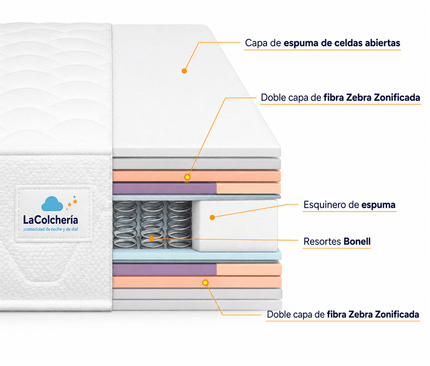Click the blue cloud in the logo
pyautogui.click(x=52, y=204)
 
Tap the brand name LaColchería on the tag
pyautogui.click(x=51, y=220)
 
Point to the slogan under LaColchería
pyautogui.click(x=51, y=229)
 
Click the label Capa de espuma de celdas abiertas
pyautogui.click(x=322, y=43)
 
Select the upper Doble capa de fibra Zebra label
pyautogui.click(x=340, y=98)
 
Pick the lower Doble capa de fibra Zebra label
pyautogui.click(x=343, y=314)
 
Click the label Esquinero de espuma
pyautogui.click(x=349, y=205)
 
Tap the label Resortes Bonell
pyautogui.click(x=337, y=241)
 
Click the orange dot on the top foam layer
pyautogui.click(x=184, y=71)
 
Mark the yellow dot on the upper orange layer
pyautogui.click(x=187, y=177)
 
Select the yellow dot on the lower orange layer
pyautogui.click(x=205, y=283)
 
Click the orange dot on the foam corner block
pyautogui.click(x=212, y=218)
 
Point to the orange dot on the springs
pyautogui.click(x=152, y=239)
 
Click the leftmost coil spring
pyautogui.click(x=125, y=225)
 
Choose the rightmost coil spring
pyautogui.click(x=180, y=225)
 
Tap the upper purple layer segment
pyautogui.click(x=164, y=188)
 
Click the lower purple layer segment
pyautogui.click(x=164, y=269)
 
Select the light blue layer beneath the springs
pyautogui.click(x=197, y=254)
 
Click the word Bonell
pyautogui.click(x=357, y=241)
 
